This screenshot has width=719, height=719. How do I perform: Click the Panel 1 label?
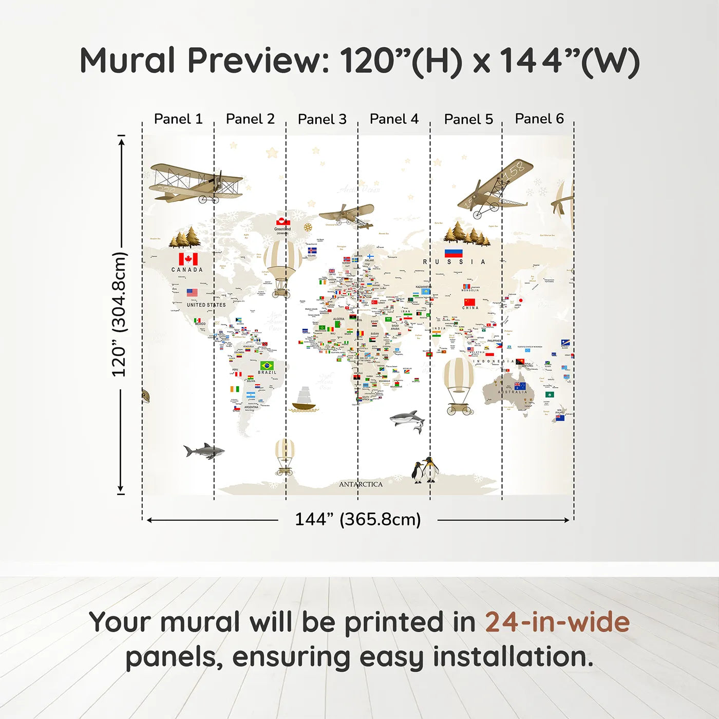[178, 119]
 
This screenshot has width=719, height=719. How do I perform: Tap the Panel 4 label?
[394, 119]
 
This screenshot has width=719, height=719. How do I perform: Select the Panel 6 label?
[539, 119]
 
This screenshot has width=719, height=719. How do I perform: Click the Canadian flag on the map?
[188, 259]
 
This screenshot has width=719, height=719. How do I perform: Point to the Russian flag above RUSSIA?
[453, 253]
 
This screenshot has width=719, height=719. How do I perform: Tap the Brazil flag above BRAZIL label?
[267, 366]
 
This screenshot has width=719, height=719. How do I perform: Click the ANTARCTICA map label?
[361, 484]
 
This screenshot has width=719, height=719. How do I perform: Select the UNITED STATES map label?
[206, 305]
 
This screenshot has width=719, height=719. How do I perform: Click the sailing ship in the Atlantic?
[304, 400]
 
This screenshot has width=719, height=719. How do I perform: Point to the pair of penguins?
[425, 470]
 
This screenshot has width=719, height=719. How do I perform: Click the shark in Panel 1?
[204, 451]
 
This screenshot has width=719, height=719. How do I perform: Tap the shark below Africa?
[408, 419]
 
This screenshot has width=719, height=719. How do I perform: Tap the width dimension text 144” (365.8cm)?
[357, 519]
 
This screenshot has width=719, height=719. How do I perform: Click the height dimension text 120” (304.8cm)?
[119, 314]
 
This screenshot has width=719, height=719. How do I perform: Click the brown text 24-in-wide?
[557, 622]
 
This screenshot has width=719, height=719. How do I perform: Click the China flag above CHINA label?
[469, 302]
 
